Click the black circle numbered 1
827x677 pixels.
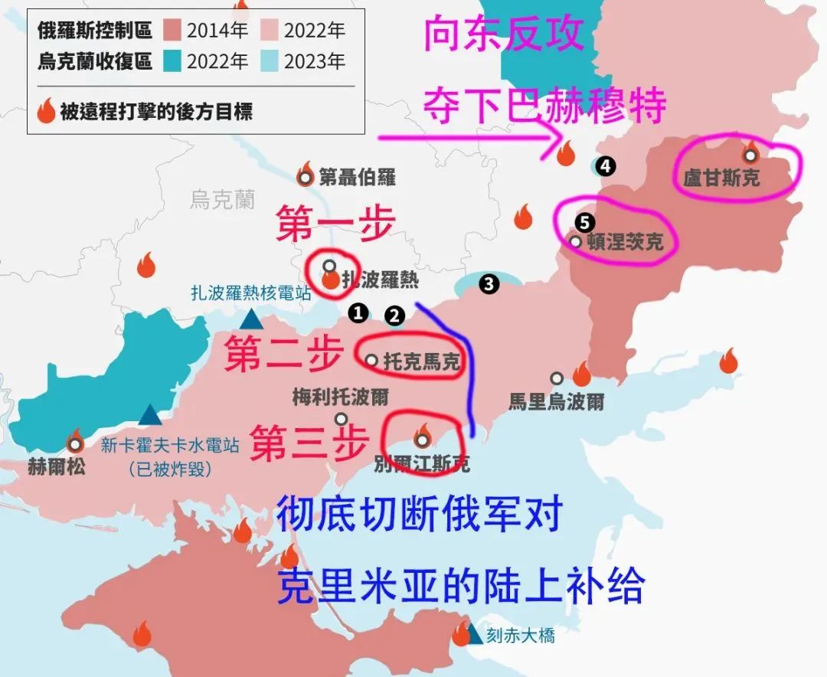tap(357, 312)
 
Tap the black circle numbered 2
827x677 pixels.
tap(394, 315)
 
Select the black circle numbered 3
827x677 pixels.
tap(489, 284)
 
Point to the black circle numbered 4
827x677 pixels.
tap(606, 165)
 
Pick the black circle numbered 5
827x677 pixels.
tap(584, 222)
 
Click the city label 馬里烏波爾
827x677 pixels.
tap(557, 401)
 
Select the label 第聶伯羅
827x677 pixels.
tap(357, 178)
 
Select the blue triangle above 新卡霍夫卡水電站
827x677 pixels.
tap(151, 415)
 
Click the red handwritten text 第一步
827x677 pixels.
tap(335, 222)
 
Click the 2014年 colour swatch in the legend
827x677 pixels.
tap(172, 31)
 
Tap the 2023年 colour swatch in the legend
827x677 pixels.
tap(269, 61)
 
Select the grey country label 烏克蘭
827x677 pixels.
tap(222, 201)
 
